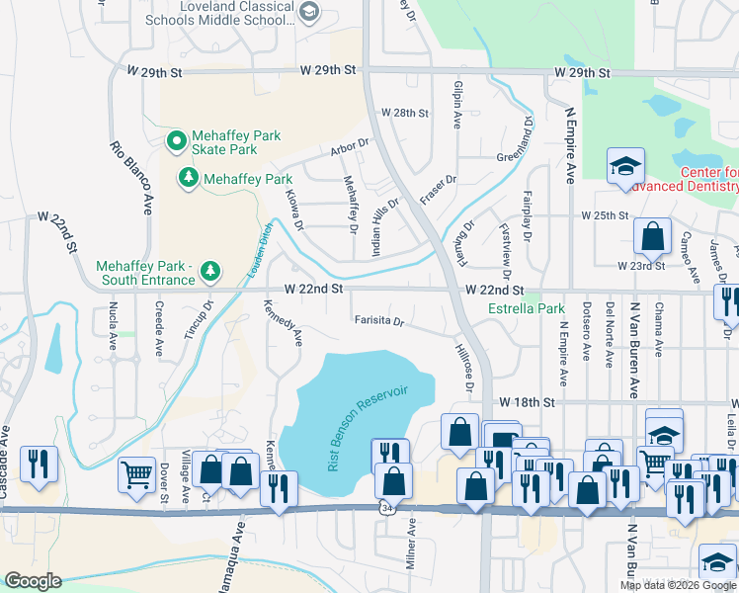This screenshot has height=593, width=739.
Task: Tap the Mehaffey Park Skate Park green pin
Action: pyautogui.click(x=177, y=142)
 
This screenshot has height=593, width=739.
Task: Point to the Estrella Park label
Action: pyautogui.click(x=527, y=308)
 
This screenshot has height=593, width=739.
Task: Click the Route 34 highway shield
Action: pyautogui.click(x=382, y=507)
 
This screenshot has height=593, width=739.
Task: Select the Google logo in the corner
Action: pyautogui.click(x=33, y=581)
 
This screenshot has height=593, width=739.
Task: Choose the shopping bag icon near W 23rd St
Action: pyautogui.click(x=651, y=236)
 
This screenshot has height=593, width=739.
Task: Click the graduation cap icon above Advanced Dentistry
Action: pyautogui.click(x=625, y=166)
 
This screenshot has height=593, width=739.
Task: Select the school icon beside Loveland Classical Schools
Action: pyautogui.click(x=309, y=12)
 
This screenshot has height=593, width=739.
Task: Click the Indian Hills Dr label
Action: pyautogui.click(x=385, y=227)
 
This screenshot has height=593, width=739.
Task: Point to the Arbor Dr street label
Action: pyautogui.click(x=349, y=149)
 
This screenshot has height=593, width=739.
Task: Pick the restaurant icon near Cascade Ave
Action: pyautogui.click(x=39, y=463)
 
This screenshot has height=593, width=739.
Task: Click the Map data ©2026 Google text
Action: pyautogui.click(x=678, y=584)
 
